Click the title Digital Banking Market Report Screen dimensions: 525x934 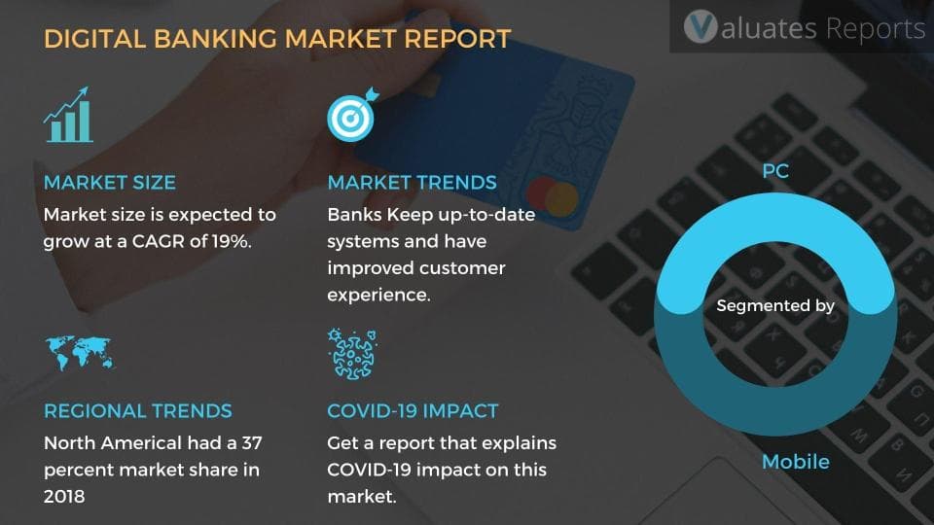(277, 40)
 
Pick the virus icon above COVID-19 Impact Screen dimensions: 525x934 (352, 353)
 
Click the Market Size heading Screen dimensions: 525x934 (109, 183)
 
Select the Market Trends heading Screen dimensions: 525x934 (412, 183)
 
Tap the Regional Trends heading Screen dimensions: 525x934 (137, 410)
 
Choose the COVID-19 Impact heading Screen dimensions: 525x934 (413, 410)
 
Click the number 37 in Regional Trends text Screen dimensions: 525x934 (251, 443)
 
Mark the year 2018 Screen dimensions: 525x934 (66, 497)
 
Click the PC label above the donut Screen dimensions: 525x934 (775, 172)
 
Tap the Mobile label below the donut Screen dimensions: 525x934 (795, 461)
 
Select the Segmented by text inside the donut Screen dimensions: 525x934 (775, 305)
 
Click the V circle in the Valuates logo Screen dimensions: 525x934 (700, 28)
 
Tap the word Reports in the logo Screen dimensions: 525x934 (875, 28)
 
